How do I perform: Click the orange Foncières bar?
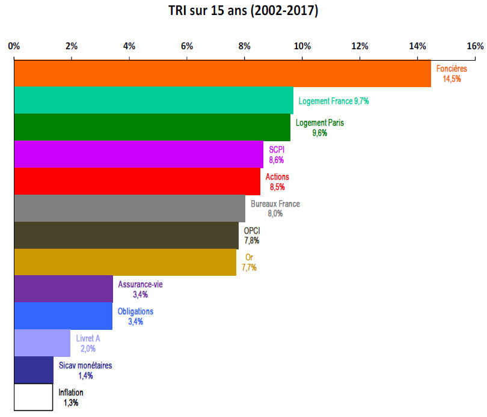(x=222, y=73)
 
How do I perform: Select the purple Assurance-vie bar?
(x=63, y=289)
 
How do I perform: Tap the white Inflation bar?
(x=33, y=397)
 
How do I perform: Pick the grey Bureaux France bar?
(x=129, y=208)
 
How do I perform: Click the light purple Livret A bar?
(x=42, y=343)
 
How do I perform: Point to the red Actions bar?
(x=137, y=181)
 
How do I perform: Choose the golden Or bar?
(x=125, y=262)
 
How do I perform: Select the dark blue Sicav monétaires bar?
(x=34, y=370)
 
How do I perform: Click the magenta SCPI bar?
(x=138, y=154)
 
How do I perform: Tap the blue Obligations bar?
(x=63, y=316)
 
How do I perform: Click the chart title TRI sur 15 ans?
(x=243, y=11)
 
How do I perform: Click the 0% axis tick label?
(x=14, y=46)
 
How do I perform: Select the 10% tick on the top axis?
(x=302, y=46)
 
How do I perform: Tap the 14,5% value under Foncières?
(x=452, y=79)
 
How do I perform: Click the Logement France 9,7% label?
(x=334, y=102)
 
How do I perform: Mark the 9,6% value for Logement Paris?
(x=320, y=133)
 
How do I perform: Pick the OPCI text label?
(x=252, y=230)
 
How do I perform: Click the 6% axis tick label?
(x=186, y=46)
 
